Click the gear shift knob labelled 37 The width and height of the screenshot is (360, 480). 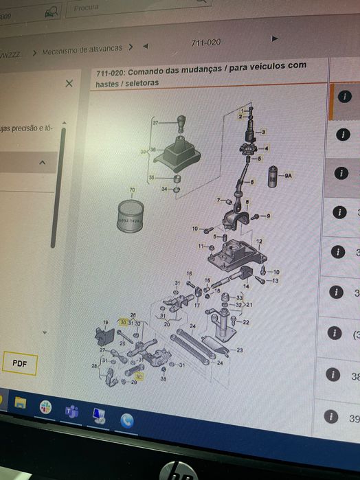point(181,125)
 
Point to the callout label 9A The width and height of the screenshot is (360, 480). point(289,176)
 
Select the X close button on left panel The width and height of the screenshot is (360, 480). point(69,83)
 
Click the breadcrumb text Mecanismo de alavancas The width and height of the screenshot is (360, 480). point(82,49)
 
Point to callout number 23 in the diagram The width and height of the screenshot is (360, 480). point(240,350)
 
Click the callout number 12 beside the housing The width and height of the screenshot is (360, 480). point(259,242)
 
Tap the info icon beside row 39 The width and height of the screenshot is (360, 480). point(333,415)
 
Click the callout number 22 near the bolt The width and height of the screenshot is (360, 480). point(245,322)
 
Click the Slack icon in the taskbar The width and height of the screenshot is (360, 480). point(45,406)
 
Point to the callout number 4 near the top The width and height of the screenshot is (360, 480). point(267,148)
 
